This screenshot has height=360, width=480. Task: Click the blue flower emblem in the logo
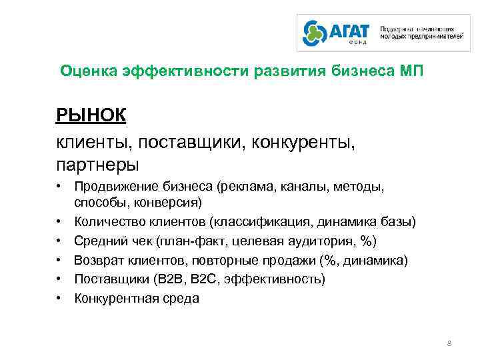[315, 33]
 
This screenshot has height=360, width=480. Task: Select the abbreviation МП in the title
[409, 71]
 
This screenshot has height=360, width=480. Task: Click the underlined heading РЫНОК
[91, 115]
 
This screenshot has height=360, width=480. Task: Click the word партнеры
[97, 163]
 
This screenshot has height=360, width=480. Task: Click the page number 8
[449, 343]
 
